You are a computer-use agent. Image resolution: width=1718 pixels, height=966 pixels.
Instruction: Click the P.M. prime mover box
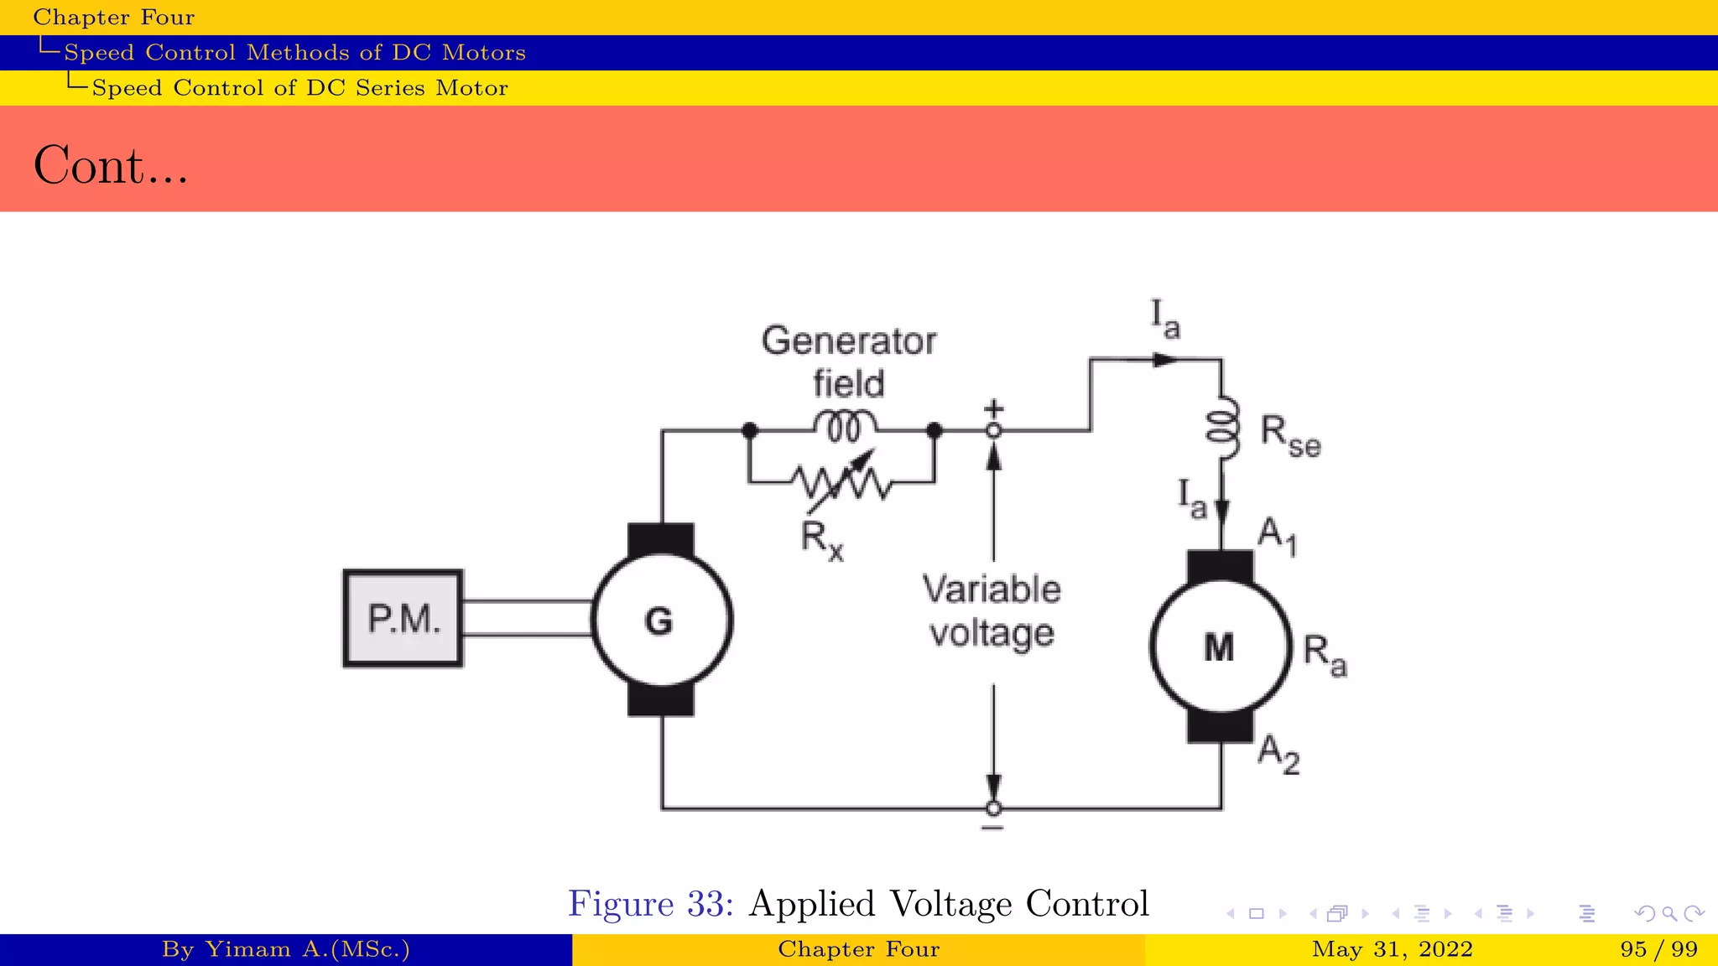click(403, 619)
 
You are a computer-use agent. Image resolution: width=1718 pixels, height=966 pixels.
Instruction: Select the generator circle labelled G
click(661, 621)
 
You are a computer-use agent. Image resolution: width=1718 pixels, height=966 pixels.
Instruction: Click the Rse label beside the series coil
click(1290, 437)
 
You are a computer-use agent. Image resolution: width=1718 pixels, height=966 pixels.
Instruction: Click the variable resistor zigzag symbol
click(842, 482)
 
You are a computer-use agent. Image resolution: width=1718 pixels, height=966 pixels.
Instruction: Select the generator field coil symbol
click(846, 425)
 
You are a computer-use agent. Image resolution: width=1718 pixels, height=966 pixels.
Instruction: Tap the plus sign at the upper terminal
click(993, 408)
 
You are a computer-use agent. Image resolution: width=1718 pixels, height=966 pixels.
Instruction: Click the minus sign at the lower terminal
click(992, 828)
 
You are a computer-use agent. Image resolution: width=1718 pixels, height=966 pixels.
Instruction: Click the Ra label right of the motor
click(1325, 654)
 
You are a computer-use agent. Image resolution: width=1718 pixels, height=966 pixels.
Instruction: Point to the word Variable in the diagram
click(992, 589)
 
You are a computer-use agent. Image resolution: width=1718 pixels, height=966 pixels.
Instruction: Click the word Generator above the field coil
click(848, 341)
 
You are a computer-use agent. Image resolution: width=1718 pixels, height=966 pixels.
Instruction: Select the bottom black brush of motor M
click(1220, 726)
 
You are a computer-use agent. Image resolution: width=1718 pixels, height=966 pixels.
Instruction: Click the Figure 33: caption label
click(651, 904)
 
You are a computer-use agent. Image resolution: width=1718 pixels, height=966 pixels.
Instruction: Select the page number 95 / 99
click(1658, 949)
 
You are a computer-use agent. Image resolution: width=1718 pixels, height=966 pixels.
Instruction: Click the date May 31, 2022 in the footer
click(1392, 949)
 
